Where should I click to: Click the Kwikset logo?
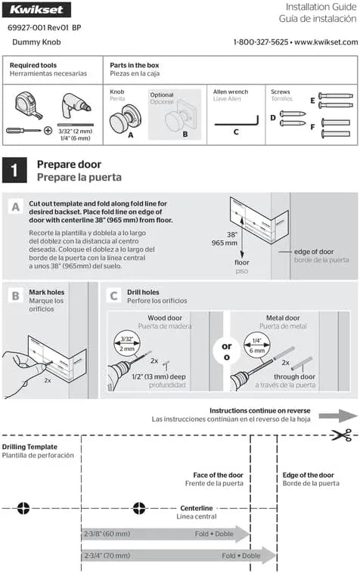(36, 10)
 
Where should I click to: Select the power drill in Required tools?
(76, 106)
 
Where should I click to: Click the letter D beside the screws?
(273, 118)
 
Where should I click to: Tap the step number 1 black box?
(14, 170)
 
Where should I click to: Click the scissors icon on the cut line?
(341, 435)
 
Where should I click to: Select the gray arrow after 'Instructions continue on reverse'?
(338, 416)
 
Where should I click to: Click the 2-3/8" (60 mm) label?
(107, 534)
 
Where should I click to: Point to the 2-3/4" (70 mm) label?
(107, 556)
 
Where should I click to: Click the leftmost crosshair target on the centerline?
(23, 508)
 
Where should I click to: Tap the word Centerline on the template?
(197, 508)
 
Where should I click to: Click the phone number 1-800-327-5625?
(261, 42)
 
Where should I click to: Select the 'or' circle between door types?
(227, 351)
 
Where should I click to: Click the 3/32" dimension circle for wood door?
(127, 343)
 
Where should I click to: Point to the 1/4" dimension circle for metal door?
(257, 345)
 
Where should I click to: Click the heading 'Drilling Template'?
(29, 447)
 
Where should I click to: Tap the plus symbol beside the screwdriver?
(48, 130)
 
